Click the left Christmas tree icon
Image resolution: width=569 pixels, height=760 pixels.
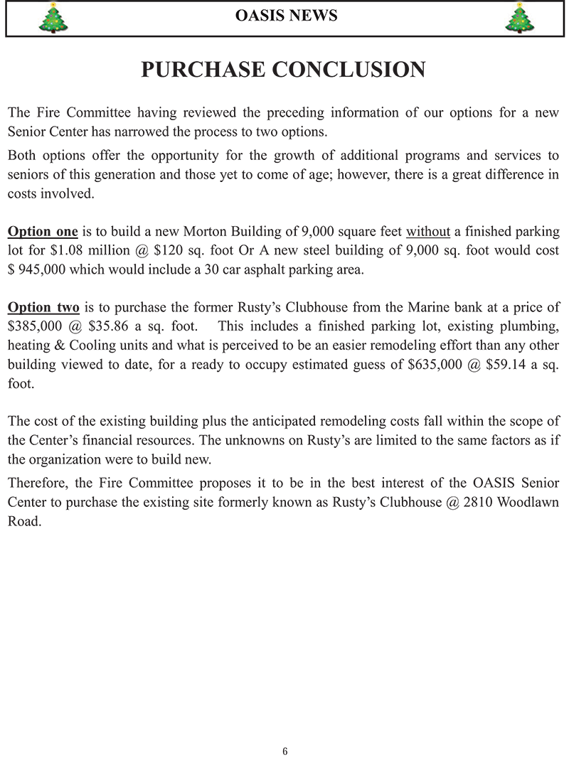point(53,18)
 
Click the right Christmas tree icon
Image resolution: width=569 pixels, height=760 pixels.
point(519,18)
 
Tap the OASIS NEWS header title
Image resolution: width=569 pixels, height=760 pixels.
point(286,16)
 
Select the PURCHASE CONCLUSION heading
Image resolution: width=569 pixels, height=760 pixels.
point(283,70)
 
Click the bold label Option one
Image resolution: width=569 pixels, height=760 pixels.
point(43,232)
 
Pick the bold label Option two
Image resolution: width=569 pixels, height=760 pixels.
point(43,308)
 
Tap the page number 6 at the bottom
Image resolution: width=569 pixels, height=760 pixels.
point(284,751)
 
